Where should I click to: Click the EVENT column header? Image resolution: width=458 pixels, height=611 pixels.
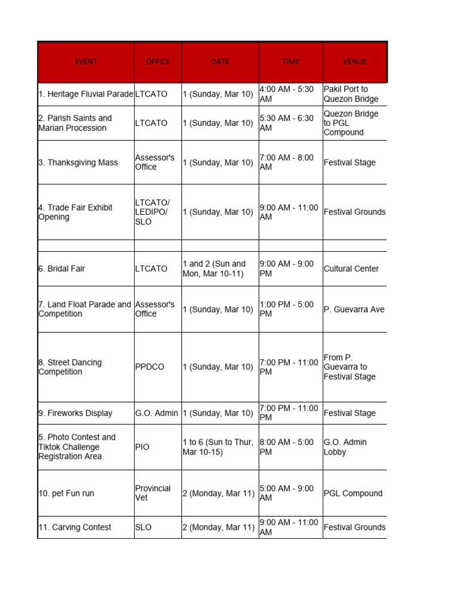point(86,61)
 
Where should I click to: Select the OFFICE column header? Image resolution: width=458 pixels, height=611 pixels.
point(158,61)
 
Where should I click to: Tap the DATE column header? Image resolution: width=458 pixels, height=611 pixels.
point(220,61)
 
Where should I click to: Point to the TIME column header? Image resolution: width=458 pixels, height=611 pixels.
point(291,61)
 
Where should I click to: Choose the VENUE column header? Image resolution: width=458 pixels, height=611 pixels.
point(355,61)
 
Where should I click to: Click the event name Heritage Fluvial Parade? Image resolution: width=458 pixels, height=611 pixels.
point(86,94)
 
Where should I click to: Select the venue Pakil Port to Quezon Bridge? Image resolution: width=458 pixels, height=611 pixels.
point(351,94)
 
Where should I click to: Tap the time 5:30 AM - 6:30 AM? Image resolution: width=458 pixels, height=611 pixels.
point(287,123)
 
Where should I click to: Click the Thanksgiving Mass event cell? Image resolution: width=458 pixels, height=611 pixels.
point(78,162)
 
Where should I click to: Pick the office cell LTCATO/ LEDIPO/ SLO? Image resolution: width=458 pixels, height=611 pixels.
point(152,212)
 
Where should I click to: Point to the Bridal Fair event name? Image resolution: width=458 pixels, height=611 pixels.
point(61,269)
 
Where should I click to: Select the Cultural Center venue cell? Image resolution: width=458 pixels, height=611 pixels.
point(351,269)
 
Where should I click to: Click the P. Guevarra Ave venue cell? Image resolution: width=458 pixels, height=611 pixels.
point(354,309)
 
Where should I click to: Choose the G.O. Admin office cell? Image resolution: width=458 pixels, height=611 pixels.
point(156,413)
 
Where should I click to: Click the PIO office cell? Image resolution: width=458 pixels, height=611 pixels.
point(143,447)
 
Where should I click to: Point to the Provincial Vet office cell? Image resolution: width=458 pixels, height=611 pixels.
point(153,493)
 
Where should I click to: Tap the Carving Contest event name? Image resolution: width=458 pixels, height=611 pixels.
point(75,527)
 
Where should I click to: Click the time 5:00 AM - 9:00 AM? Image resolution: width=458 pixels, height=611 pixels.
point(287,493)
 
